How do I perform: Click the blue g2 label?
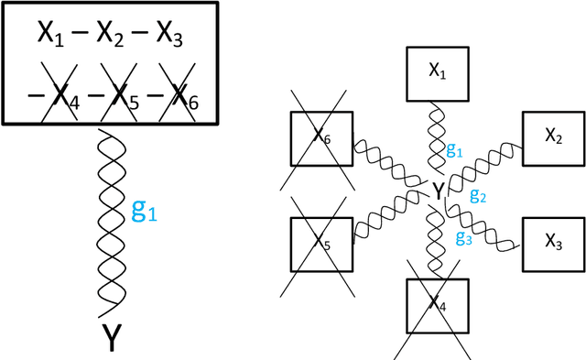[478, 195]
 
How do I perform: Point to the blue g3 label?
[463, 236]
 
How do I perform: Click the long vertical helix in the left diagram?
[110, 220]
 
